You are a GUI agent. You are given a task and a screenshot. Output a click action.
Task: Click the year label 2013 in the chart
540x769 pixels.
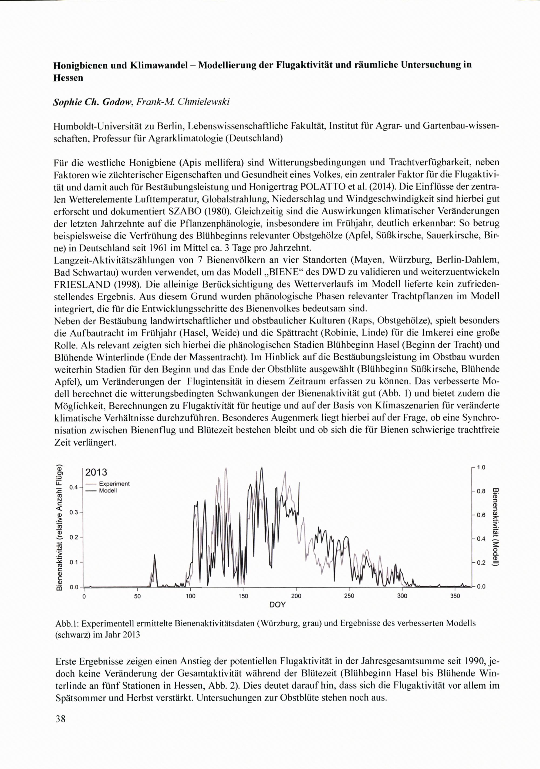point(96,472)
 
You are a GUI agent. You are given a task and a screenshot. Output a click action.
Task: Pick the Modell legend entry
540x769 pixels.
point(108,490)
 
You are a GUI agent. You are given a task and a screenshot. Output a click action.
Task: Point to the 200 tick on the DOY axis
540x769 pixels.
point(296,596)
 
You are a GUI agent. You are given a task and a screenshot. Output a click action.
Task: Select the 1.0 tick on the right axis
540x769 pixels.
point(481,467)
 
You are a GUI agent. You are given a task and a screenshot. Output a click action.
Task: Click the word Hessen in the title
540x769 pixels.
point(68,78)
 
